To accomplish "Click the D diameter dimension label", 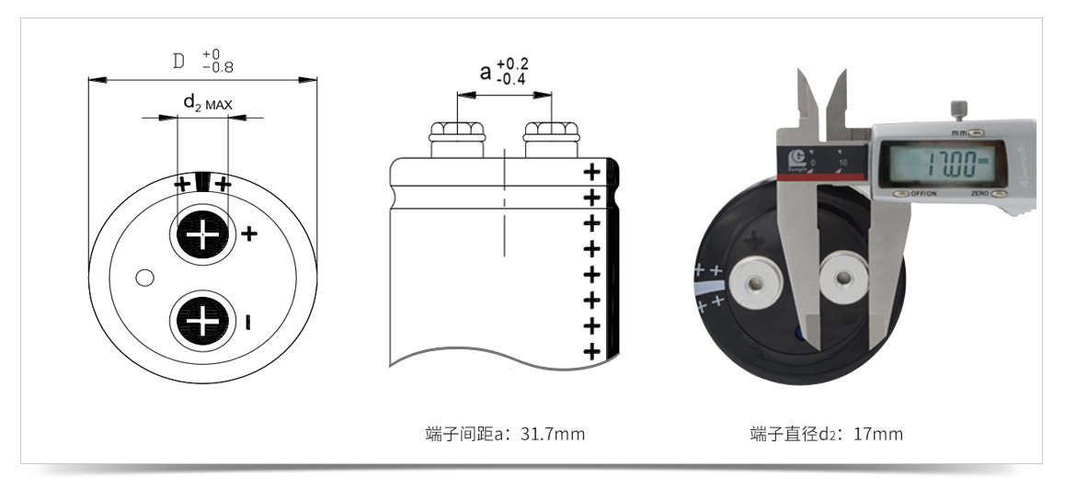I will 179,63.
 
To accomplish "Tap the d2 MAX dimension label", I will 208,103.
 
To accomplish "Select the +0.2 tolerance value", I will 512,64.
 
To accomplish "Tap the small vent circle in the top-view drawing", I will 143,277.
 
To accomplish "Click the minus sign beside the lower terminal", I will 249,321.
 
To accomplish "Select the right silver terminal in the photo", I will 843,273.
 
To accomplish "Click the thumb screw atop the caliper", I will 958,109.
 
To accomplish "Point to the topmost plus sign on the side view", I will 591,171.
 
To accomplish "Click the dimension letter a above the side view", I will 486,72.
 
